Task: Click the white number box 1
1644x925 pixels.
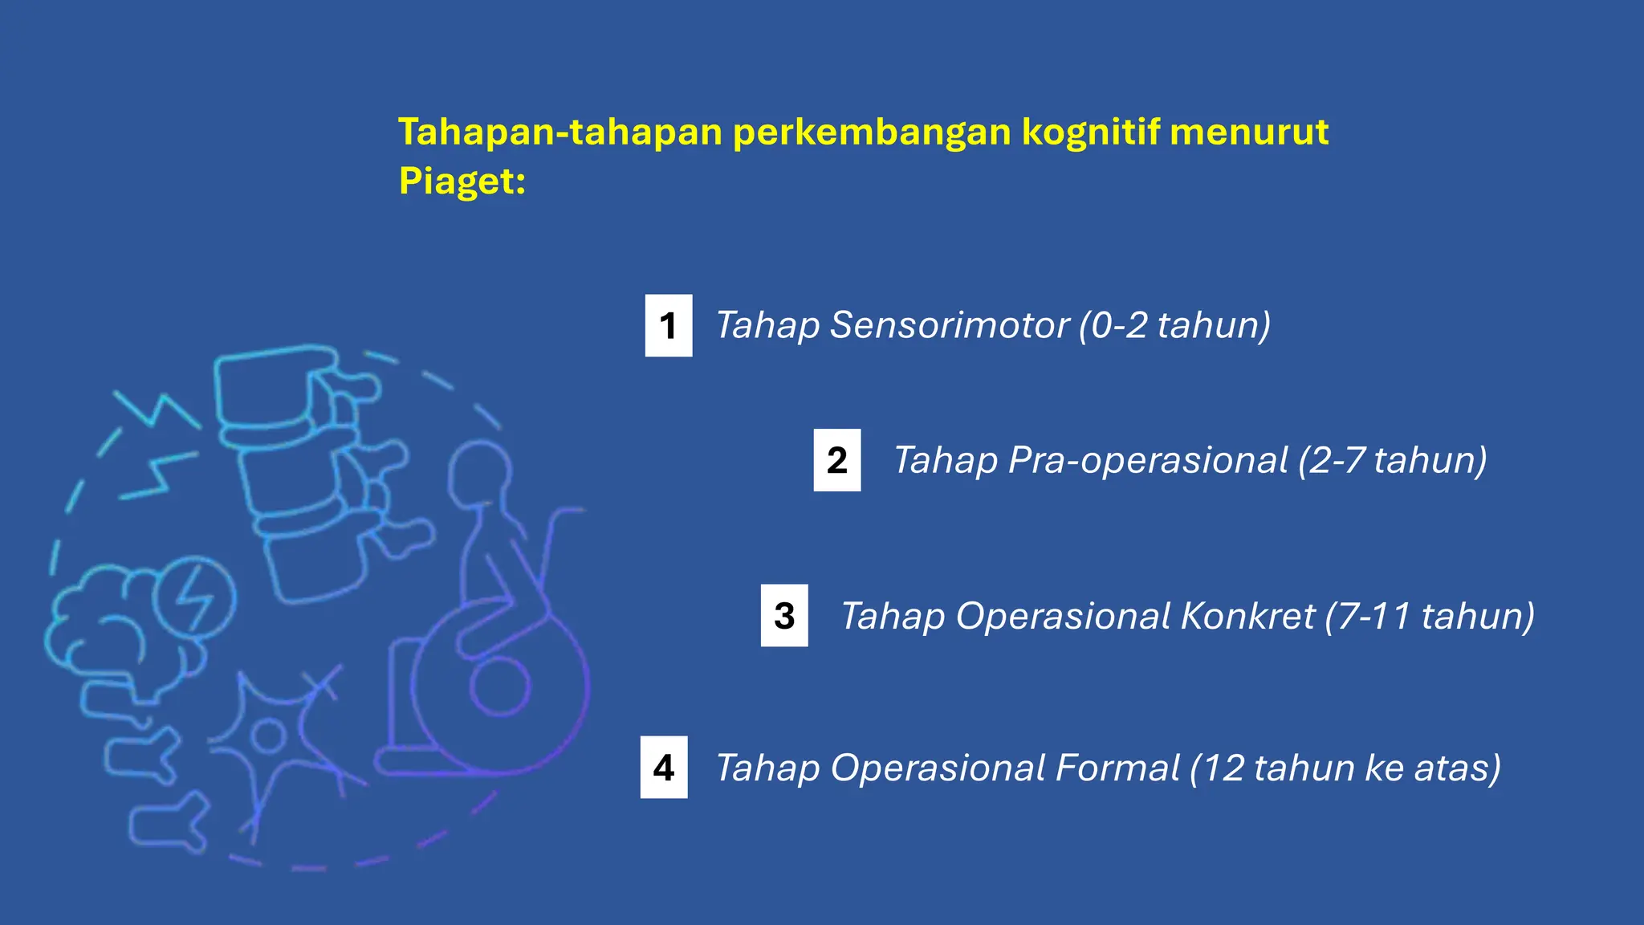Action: (x=668, y=325)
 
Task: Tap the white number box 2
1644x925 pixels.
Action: (x=836, y=460)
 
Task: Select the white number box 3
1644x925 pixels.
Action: (x=784, y=616)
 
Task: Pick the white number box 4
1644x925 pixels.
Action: (x=663, y=768)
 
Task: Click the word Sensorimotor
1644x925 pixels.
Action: (x=950, y=325)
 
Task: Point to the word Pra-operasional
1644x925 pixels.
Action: (x=1148, y=461)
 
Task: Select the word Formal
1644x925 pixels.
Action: (x=1117, y=768)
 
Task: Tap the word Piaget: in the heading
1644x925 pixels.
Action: (x=462, y=181)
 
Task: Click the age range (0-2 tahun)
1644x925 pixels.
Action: (x=1174, y=325)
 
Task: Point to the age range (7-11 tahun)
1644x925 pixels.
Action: (x=1430, y=616)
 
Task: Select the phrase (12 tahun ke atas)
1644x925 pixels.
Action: (x=1345, y=768)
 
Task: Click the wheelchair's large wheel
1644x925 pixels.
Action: (x=499, y=687)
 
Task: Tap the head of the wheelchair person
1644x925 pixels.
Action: (x=478, y=474)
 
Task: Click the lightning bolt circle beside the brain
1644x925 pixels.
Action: (x=193, y=598)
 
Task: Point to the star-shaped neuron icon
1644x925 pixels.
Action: (x=269, y=735)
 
